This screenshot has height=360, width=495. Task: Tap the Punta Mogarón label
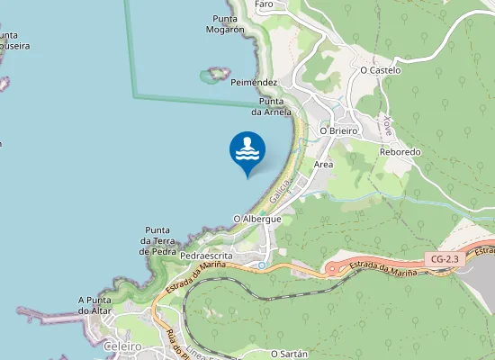click(x=229, y=24)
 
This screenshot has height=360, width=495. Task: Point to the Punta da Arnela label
click(x=271, y=107)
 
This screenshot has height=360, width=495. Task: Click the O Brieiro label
click(x=339, y=130)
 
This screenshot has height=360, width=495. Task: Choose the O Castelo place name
click(x=380, y=69)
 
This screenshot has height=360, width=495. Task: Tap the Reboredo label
click(x=400, y=152)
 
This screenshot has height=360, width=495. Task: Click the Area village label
click(x=324, y=165)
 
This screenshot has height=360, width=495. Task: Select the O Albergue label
click(x=257, y=219)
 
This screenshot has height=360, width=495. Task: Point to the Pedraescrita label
click(x=206, y=256)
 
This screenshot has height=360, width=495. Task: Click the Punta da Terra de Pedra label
click(x=157, y=240)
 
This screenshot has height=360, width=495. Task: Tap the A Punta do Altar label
click(x=99, y=305)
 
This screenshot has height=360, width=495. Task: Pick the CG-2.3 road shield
click(x=445, y=259)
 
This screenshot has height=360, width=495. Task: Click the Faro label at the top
click(x=264, y=4)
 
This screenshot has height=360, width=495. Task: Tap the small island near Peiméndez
click(x=215, y=74)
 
